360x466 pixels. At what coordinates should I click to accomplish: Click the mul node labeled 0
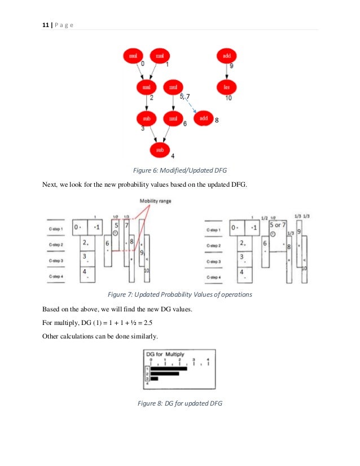point(133,56)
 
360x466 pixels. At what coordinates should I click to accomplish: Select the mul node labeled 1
point(161,56)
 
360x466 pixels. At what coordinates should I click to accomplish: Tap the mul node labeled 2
point(147,87)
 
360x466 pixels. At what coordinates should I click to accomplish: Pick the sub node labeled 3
point(147,118)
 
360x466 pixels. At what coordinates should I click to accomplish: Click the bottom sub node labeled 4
point(160,150)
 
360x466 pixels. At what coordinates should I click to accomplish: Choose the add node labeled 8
point(204,118)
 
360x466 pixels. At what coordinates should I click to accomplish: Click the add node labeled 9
point(227,56)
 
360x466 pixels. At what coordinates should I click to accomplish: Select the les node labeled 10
point(227,87)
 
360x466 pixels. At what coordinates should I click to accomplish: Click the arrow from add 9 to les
point(227,72)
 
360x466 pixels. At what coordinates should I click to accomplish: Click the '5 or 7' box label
point(277,225)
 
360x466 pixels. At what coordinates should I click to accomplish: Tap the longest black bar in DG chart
point(169,368)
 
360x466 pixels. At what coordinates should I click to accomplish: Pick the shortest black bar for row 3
point(154,379)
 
